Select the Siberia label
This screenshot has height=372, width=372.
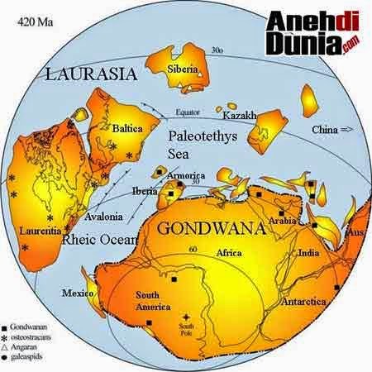183,69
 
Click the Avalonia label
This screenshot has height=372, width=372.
103,217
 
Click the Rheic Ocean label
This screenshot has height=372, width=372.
94,240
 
